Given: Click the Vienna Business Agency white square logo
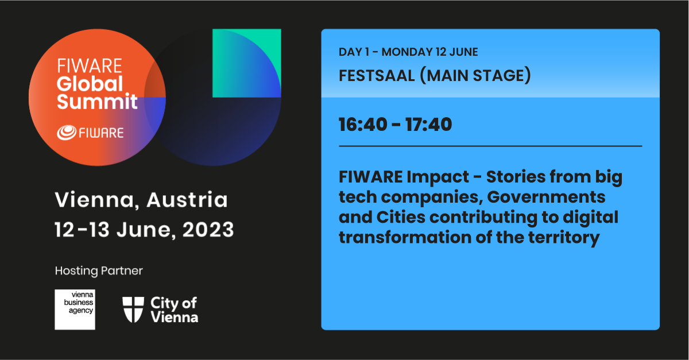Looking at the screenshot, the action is tap(75, 309).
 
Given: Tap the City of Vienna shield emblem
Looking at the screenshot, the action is tap(133, 309).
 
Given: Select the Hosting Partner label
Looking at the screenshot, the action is tap(99, 271).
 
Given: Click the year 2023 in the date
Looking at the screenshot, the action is tap(208, 230).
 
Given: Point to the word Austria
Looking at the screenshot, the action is tap(187, 199).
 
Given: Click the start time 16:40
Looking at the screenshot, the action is tap(363, 125).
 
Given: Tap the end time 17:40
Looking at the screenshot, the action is tap(428, 125).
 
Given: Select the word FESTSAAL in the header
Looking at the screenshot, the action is tap(377, 76).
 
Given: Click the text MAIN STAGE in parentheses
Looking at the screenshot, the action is tap(475, 76).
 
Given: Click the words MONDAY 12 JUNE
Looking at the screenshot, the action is tap(429, 52).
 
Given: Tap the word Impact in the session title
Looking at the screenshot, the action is tap(438, 177).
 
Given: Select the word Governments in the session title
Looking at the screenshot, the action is tap(546, 198).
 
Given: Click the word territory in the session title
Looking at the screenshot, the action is tap(564, 238).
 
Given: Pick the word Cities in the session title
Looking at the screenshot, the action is tap(401, 217).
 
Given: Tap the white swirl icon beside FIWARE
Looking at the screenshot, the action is tap(67, 133).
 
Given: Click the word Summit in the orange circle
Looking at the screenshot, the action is tap(97, 102).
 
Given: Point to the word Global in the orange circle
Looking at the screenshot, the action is tap(90, 84).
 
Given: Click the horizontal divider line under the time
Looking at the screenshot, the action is tap(490, 146).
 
